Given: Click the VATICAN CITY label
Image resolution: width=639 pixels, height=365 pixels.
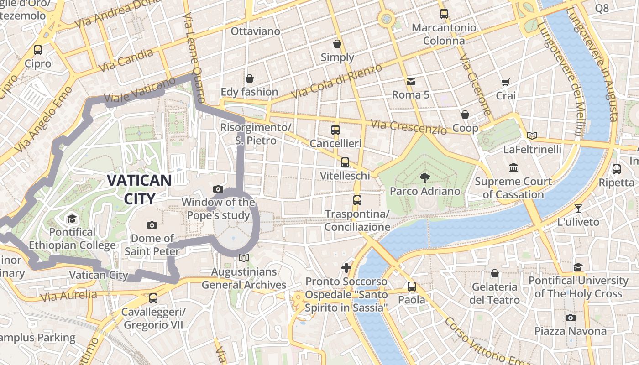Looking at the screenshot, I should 139,189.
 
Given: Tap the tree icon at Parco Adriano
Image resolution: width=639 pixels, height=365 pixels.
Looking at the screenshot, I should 424,177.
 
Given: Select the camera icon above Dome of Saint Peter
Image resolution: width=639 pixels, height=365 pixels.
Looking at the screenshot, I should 152,225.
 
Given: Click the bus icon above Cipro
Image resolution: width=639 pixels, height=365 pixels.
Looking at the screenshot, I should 38,50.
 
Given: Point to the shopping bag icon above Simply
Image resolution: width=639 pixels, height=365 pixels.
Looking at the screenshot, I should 337,44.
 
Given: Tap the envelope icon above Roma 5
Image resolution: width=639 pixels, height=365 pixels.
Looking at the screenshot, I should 410,82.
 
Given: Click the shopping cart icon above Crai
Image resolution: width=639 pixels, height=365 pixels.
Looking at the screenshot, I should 505,83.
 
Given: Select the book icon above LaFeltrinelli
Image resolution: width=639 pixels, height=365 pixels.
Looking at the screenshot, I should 532,136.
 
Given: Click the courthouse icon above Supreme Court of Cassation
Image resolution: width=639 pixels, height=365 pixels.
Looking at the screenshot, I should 513,168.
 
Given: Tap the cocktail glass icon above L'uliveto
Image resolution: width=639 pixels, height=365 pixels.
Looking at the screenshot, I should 578,209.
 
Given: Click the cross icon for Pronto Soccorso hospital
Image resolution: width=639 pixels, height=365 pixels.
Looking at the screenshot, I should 346,268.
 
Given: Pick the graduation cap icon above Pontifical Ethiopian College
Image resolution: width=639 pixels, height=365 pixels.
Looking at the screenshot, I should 71,219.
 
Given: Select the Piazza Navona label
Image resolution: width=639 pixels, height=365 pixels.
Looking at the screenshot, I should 570,331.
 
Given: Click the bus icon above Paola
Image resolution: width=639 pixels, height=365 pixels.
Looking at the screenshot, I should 412,287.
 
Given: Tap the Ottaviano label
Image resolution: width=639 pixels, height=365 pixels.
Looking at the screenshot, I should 255,31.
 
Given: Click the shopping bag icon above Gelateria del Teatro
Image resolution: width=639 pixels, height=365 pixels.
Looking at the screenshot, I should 494,273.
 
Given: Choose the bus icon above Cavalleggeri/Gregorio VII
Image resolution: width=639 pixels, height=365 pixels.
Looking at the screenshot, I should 153,298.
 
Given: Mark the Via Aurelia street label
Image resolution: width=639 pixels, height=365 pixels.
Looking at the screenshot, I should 69,296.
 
